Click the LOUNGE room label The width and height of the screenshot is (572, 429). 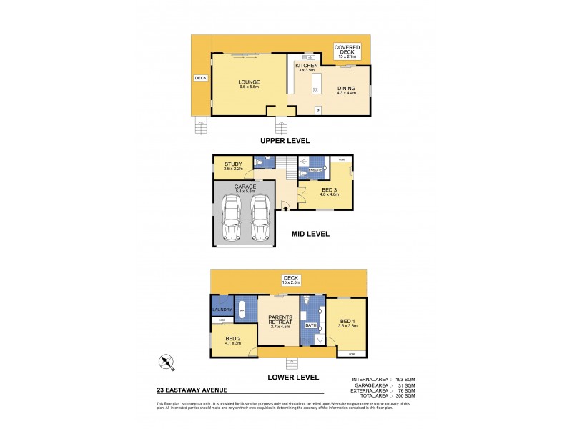tap(249, 82)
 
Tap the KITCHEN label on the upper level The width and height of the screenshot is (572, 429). tap(306, 66)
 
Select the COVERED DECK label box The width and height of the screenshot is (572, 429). tap(347, 51)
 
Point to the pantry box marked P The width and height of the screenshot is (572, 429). tap(318, 109)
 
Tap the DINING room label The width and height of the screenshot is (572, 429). tap(347, 89)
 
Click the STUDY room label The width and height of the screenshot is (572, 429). tap(233, 164)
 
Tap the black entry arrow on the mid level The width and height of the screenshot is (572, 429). tap(286, 209)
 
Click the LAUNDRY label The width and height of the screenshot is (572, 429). tap(221, 310)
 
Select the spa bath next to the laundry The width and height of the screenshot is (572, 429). tap(242, 308)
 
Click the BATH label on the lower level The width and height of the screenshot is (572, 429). tap(311, 325)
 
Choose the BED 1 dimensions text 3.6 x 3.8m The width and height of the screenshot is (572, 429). tap(347, 326)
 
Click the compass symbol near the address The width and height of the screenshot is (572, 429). tap(168, 363)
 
